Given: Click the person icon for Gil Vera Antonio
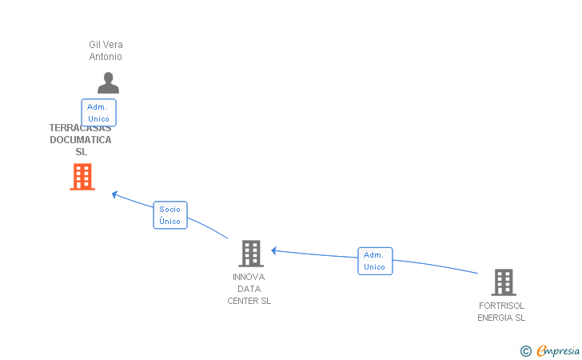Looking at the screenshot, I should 108,83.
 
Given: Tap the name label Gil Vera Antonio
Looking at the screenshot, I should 106,50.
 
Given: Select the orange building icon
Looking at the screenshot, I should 82,177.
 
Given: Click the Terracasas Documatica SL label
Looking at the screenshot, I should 80,140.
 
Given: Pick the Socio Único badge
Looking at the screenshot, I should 170,214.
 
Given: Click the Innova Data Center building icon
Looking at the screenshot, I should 251,254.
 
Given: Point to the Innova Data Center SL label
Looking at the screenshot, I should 249,289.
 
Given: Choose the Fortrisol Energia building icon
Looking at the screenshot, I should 503,282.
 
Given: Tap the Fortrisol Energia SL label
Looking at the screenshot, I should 501,311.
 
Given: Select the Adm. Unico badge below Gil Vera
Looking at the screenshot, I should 99,113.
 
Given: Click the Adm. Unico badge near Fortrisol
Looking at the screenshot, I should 375,261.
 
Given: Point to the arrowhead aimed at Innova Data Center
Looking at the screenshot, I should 274,250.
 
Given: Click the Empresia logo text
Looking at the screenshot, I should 557,350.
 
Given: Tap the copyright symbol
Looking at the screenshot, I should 525,350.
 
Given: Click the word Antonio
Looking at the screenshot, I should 106,57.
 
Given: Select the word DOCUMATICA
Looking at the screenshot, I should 80,140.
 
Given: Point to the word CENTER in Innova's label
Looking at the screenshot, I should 242,301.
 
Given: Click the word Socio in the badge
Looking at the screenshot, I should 170,209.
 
